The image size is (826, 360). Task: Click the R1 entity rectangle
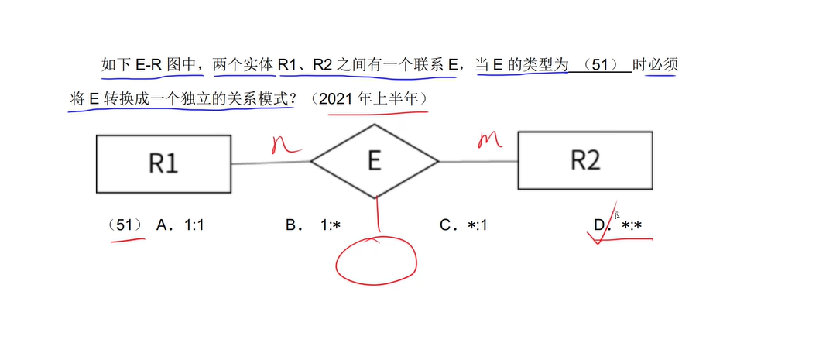coord(163,163)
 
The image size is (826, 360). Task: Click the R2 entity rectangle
coord(585,160)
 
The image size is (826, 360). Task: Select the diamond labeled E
coord(375,161)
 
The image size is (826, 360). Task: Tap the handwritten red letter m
coord(488,139)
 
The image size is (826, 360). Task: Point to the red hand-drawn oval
coord(375,259)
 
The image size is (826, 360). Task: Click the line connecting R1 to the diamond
coord(270,163)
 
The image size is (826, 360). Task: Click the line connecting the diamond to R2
coord(478,161)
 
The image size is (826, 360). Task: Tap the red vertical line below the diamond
coord(378,213)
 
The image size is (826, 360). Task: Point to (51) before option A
coord(124,225)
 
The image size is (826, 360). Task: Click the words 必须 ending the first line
coord(663,65)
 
